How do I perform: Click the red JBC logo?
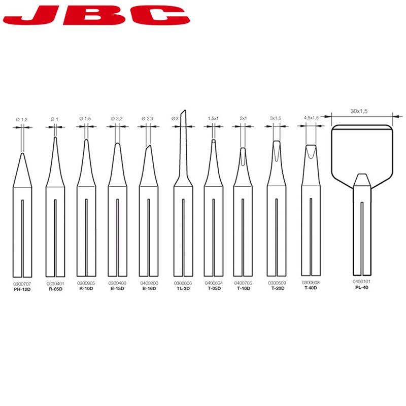96,15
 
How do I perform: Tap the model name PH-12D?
22,289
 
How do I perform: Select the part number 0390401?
55,284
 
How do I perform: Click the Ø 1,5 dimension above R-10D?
85,119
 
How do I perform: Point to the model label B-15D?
117,288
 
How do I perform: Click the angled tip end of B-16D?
149,146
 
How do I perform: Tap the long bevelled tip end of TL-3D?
184,111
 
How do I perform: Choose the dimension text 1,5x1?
213,118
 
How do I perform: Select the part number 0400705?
243,283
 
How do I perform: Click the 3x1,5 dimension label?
276,118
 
